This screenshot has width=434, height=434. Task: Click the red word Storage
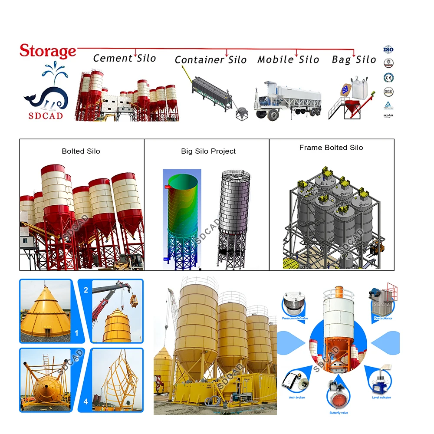[48, 51]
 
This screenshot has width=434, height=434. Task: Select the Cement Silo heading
[125, 58]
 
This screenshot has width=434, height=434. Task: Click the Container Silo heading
[210, 60]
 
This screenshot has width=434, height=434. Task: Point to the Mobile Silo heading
[288, 59]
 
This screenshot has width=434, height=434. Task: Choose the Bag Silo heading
[354, 60]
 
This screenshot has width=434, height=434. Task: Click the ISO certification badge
[388, 49]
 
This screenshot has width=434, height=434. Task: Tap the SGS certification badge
[388, 92]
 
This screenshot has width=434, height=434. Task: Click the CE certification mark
[388, 78]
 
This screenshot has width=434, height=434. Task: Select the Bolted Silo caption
[81, 151]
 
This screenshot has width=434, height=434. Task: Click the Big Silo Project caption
[208, 151]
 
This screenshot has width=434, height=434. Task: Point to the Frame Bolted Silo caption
[331, 148]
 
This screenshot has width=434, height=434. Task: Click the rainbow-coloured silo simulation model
[180, 217]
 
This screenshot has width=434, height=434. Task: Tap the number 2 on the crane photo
[85, 289]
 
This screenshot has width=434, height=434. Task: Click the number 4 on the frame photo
[85, 402]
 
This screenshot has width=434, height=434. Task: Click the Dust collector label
[383, 318]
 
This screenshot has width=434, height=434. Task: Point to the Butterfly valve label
[339, 412]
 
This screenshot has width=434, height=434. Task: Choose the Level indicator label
[382, 397]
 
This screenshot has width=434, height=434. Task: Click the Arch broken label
[297, 397]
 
